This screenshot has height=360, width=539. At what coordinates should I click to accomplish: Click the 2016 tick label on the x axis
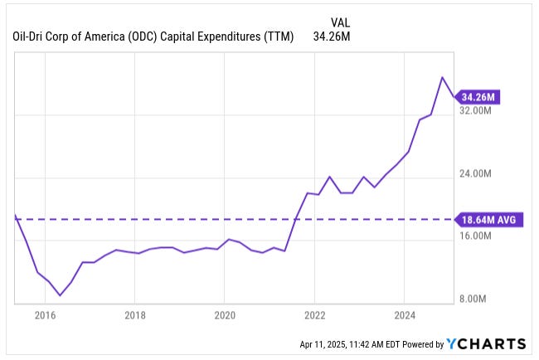point(45,315)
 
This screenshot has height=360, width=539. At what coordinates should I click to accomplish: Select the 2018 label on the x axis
point(135,315)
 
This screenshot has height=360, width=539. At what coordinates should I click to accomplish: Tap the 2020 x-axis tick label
point(225,315)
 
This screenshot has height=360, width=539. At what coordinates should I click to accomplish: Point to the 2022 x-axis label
point(314,315)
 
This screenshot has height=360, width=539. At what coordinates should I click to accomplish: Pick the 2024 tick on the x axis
point(404,315)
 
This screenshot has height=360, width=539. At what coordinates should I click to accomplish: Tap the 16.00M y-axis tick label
point(476,236)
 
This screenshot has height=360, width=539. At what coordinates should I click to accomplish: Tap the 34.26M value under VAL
point(329,36)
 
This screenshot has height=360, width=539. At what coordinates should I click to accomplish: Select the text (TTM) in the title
point(278,36)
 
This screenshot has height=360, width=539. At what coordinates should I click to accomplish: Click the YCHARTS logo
point(486,343)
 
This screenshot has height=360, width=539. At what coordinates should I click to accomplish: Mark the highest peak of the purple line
point(443,77)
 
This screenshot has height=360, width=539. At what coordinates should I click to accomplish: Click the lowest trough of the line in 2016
point(60,295)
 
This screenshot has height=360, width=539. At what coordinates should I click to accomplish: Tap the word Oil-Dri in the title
point(30,36)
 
